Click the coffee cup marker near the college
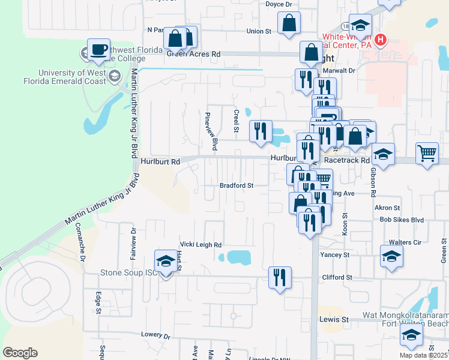pyautogui.click(x=98, y=50)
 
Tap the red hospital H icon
pyautogui.click(x=379, y=41)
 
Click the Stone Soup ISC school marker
pyautogui.click(x=166, y=261)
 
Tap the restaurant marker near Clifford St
pyautogui.click(x=280, y=277)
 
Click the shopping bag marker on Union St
pyautogui.click(x=289, y=24)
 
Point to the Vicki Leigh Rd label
pyautogui.click(x=201, y=245)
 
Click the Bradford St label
pyautogui.click(x=236, y=186)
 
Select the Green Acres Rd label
pyautogui.click(x=193, y=54)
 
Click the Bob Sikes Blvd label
pyautogui.click(x=402, y=220)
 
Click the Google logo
pyautogui.click(x=20, y=353)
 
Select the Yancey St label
pyautogui.click(x=338, y=255)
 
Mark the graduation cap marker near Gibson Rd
pyautogui.click(x=383, y=154)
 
